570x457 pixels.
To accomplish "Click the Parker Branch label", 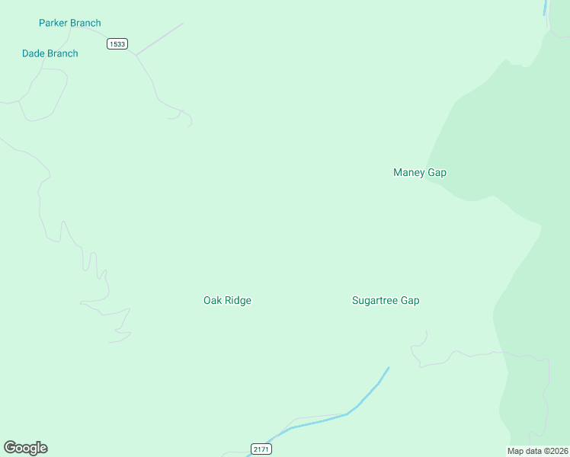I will point(69,23).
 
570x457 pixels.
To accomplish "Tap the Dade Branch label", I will point(50,53).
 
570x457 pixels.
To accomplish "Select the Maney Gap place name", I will point(419,172).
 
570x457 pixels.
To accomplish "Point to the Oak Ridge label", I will point(227,300).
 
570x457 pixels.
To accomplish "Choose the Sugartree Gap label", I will point(385,300).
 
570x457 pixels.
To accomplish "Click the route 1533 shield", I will point(117,43).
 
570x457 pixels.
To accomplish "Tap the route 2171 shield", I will point(261,449).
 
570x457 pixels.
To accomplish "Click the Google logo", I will point(25,448).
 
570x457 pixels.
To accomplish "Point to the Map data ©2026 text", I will point(538,451).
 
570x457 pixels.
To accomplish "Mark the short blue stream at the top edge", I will point(545,8).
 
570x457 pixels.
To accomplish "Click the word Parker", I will point(53,23).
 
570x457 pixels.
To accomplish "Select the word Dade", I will point(34,53).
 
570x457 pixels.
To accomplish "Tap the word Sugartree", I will point(375,300).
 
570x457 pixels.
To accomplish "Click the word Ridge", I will point(238,300).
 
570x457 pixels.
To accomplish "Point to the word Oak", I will point(212,300).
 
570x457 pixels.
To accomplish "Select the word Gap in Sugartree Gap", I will point(410,300).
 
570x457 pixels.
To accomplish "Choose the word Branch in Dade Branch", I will point(62,53).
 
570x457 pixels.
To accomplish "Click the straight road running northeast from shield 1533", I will point(160,38).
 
